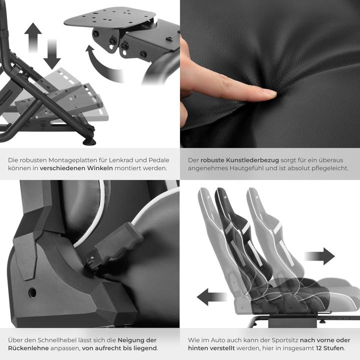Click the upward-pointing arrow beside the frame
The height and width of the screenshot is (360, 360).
(33, 36)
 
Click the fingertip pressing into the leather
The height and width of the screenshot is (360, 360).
(268, 92)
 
